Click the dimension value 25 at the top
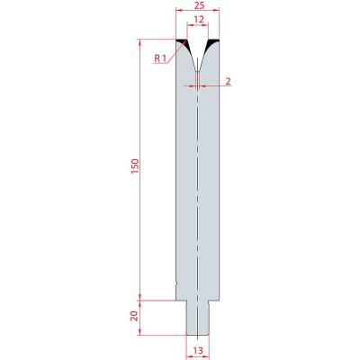click(x=197, y=5)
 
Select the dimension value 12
click(x=199, y=20)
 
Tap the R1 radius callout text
click(x=160, y=58)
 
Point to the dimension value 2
click(x=229, y=81)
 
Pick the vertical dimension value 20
click(x=135, y=316)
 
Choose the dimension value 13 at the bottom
click(x=198, y=350)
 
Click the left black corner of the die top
click(x=184, y=43)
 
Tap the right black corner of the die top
click(x=211, y=43)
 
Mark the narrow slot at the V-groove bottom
click(x=197, y=78)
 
